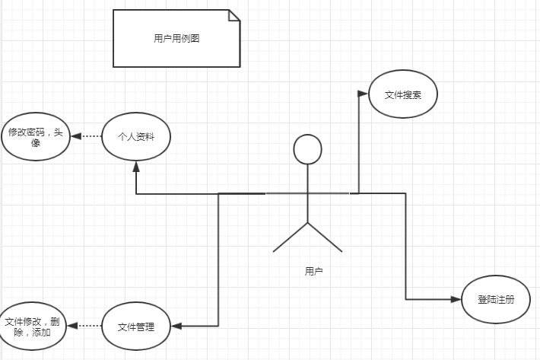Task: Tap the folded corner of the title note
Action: (233, 15)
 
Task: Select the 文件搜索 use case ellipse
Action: (402, 94)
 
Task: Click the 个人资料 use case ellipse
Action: (136, 137)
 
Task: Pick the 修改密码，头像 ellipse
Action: (35, 137)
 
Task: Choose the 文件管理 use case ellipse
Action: (136, 327)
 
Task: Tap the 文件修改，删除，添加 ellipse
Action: (33, 327)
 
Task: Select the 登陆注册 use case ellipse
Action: (495, 299)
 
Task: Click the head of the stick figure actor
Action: (308, 149)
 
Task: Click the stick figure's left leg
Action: (291, 237)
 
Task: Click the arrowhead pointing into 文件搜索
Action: (362, 94)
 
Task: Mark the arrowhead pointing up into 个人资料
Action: (136, 165)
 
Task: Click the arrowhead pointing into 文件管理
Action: (176, 327)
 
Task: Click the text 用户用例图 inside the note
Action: (176, 39)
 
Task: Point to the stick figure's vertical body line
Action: (308, 194)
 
